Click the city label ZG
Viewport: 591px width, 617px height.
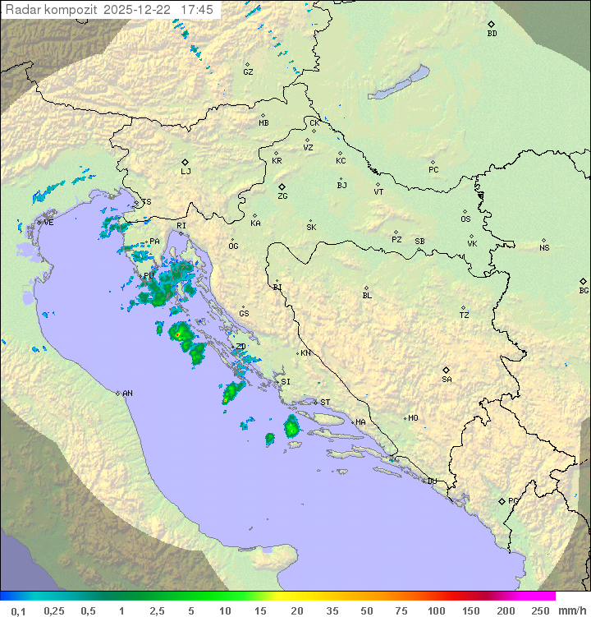282,196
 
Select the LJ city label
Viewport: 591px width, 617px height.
186,172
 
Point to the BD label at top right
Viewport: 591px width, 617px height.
492,34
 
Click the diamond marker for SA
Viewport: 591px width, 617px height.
447,370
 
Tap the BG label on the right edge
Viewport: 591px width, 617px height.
584,290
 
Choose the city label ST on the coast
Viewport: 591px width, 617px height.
325,403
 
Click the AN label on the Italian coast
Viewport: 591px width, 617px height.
127,394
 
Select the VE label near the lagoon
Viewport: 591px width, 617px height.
48,223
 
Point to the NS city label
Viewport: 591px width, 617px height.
544,248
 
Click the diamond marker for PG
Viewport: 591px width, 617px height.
502,500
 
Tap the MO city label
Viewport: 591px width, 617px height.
413,418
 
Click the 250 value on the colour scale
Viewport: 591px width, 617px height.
540,610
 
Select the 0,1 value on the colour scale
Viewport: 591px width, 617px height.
18,610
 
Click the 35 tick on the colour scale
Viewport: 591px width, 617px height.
332,610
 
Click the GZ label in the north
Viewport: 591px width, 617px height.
248,72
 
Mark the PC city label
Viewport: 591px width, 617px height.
433,170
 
